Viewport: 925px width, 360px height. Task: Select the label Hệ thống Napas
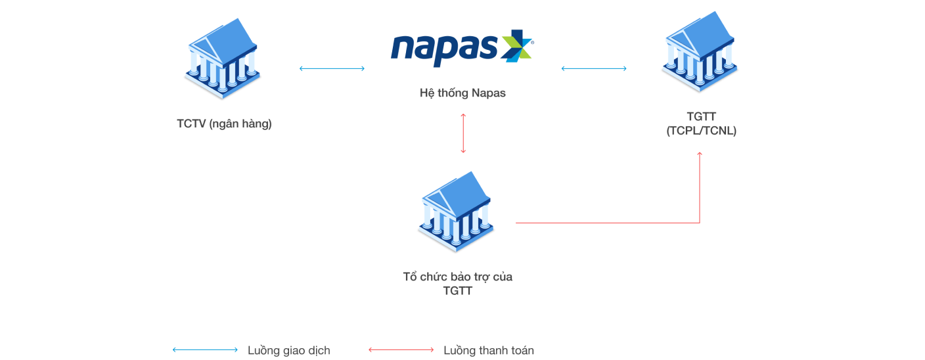(462, 93)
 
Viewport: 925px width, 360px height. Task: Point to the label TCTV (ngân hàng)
(224, 123)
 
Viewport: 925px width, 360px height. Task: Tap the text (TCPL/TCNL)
(702, 131)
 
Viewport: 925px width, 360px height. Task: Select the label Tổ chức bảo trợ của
(457, 277)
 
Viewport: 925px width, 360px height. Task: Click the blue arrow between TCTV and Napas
(332, 68)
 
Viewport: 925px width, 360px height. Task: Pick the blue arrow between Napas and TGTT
(593, 68)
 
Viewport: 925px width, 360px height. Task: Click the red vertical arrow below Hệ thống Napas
(463, 133)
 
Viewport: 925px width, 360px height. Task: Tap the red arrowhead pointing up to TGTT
(700, 154)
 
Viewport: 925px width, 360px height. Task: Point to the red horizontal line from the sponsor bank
(604, 223)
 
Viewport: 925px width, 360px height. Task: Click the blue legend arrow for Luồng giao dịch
(205, 350)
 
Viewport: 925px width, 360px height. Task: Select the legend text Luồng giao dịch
(288, 350)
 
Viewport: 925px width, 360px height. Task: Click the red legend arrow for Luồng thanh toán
(401, 350)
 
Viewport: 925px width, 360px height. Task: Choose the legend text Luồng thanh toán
(488, 350)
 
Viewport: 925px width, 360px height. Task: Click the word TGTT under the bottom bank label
(457, 291)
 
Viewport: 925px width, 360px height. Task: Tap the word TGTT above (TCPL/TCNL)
(702, 117)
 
